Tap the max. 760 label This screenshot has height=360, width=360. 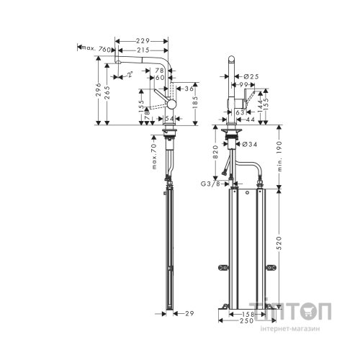coord(95,48)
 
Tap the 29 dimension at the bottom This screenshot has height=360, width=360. coord(189,314)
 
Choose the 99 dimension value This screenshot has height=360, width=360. coord(245,85)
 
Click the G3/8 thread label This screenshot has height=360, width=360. coord(214,184)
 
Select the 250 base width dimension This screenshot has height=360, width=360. coord(248,322)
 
